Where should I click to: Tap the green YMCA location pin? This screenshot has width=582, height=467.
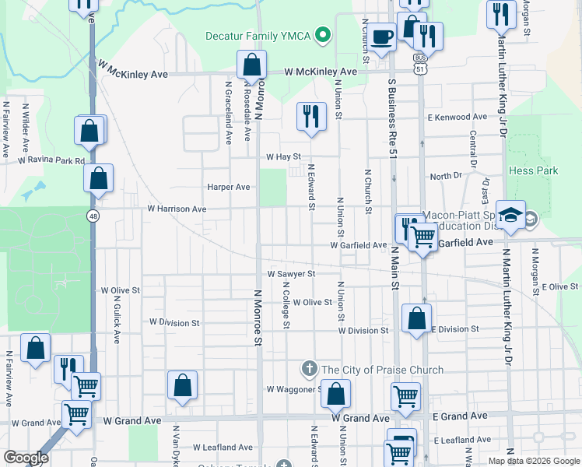tap(325, 35)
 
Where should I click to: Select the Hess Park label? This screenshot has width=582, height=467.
tap(533, 170)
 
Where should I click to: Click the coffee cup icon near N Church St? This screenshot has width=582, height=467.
tap(381, 38)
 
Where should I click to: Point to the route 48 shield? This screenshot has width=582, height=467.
tap(93, 217)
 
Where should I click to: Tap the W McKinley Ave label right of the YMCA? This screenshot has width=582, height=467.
tap(321, 72)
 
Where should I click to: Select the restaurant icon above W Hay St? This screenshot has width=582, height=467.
tap(310, 118)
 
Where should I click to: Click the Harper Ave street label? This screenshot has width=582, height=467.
tap(228, 187)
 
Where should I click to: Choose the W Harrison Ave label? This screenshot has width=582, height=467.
tap(177, 209)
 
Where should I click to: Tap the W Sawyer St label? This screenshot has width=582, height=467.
tap(291, 274)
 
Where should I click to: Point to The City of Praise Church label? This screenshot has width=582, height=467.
tap(382, 370)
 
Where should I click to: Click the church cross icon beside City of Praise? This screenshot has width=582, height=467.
tap(309, 368)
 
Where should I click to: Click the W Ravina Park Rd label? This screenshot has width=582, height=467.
tap(51, 161)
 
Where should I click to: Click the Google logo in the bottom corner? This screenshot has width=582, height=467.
tap(25, 458)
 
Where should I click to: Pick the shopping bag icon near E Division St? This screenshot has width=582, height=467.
tap(417, 318)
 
